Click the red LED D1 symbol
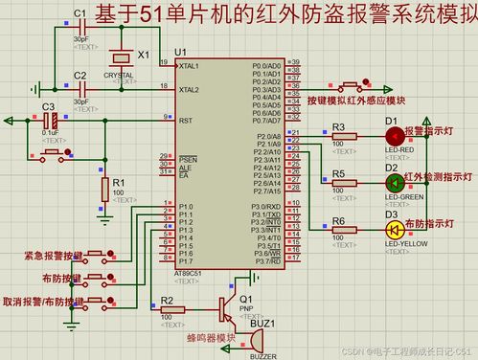coord(392,137)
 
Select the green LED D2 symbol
coord(392,182)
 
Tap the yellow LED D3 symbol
coord(392,229)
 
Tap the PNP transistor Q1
coord(227,308)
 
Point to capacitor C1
coord(80,22)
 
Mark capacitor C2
coord(80,85)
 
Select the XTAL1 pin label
coord(189,65)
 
